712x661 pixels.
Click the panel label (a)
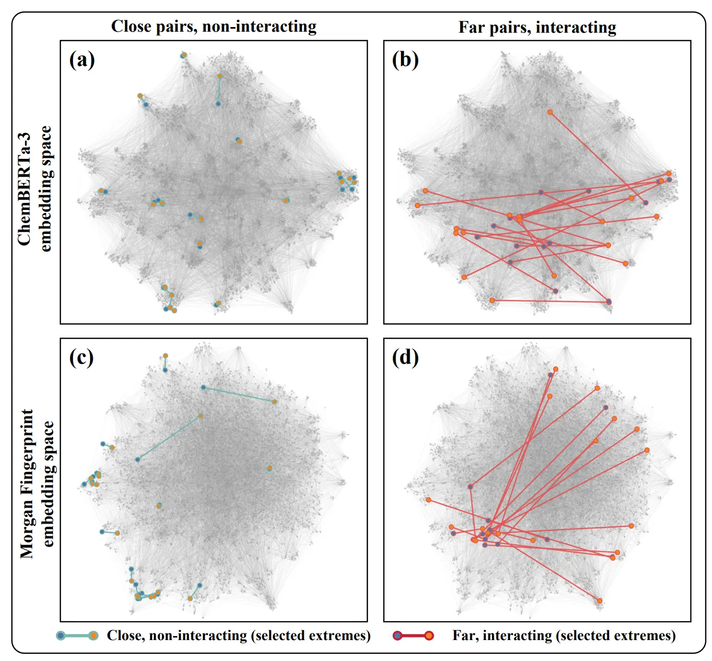[82, 60]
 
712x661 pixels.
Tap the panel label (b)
[405, 60]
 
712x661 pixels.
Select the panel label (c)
[81, 358]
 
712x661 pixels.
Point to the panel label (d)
[405, 358]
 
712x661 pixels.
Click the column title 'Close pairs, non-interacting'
[213, 27]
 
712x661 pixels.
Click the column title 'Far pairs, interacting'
[537, 27]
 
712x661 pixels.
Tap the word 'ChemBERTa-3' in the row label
[25, 189]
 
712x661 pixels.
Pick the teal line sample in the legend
[77, 635]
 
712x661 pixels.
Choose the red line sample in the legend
[413, 635]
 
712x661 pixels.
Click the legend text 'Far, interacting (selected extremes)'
[563, 635]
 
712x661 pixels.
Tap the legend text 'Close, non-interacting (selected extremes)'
[239, 635]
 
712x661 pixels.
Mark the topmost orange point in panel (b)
[550, 112]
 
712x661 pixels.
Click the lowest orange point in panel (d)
[600, 601]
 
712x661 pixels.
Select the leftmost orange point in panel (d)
[429, 500]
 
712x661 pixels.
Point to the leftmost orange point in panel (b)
[417, 205]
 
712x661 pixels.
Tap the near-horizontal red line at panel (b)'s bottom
[550, 301]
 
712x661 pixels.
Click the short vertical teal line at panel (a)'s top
[219, 90]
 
